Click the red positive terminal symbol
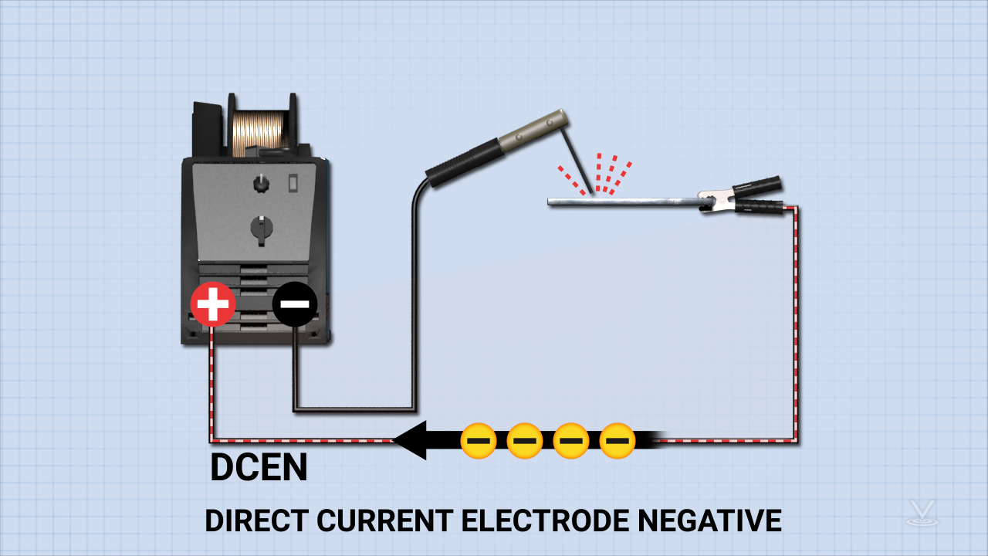point(213,304)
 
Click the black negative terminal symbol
point(294,304)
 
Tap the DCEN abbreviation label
point(259,468)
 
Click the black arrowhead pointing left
point(410,441)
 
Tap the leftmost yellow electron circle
point(479,441)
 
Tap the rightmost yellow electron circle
point(617,441)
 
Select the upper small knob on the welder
point(261,185)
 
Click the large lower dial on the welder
point(262,227)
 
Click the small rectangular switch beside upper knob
point(293,183)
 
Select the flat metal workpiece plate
point(617,202)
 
